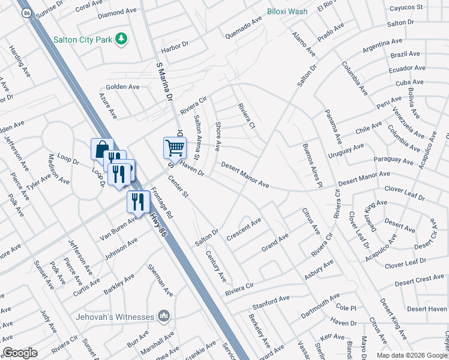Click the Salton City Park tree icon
(122, 38)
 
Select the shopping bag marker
(101, 148)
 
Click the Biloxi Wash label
(287, 11)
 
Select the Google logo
(20, 353)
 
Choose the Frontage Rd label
(161, 203)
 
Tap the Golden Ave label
(123, 87)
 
